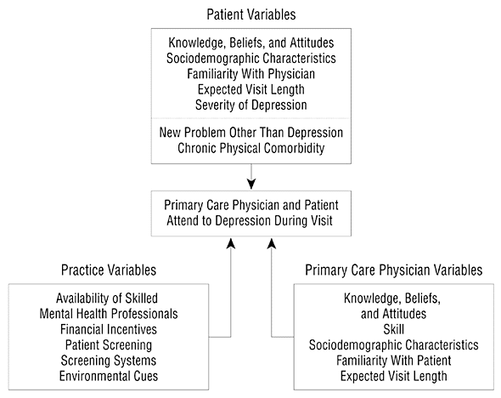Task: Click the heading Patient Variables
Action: click(x=251, y=14)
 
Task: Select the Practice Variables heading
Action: click(x=109, y=270)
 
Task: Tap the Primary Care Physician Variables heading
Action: click(x=394, y=270)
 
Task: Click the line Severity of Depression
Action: click(x=251, y=105)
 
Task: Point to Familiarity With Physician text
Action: click(x=251, y=74)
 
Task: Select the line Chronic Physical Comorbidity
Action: click(x=251, y=148)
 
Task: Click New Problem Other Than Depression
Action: click(x=251, y=133)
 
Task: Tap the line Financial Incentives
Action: click(x=109, y=329)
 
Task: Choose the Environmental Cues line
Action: click(x=109, y=376)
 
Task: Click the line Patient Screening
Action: click(x=109, y=345)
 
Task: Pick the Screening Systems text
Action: click(x=109, y=361)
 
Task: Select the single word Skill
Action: click(x=394, y=329)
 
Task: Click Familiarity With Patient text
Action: click(x=394, y=361)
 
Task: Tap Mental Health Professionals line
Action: click(x=109, y=314)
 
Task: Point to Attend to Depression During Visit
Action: click(x=250, y=221)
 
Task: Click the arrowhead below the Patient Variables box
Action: click(x=251, y=184)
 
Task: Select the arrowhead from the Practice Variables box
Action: click(x=231, y=243)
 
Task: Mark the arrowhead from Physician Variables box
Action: click(x=272, y=243)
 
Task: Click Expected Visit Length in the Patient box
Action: click(x=251, y=89)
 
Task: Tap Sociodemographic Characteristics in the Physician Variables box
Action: click(x=394, y=345)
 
